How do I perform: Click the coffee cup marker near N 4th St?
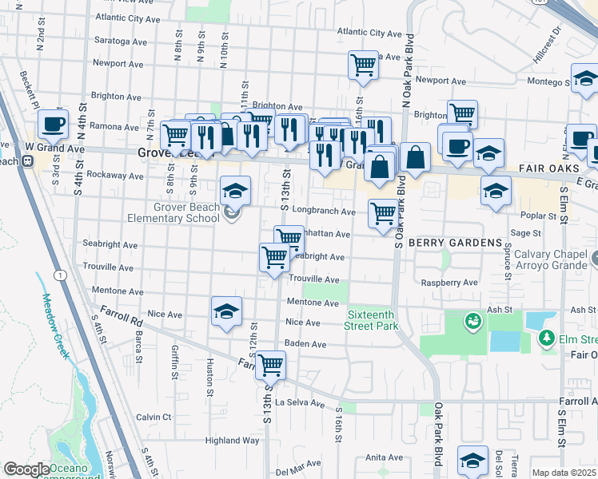coord(53,124)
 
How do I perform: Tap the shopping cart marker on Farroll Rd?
coord(271,366)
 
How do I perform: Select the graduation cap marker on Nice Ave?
coord(226,311)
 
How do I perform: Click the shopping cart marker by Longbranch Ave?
coord(384,213)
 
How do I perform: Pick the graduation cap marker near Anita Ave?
coord(472,461)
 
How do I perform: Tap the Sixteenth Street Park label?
coord(372,320)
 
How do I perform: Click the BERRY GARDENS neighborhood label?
coord(455,242)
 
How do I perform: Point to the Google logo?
coord(26,469)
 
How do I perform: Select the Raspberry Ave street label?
coord(453,283)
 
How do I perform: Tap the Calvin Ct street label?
coord(153,417)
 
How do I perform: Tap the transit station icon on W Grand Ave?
coord(27,160)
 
